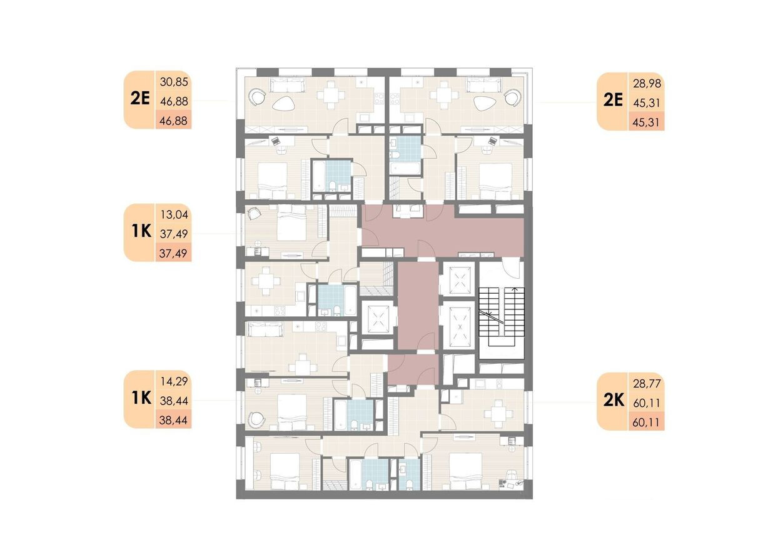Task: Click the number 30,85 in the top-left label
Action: (174, 82)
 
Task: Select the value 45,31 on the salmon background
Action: (647, 122)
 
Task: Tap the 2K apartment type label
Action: (614, 401)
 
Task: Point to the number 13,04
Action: (174, 215)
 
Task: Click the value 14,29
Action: (174, 381)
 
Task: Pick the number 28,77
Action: (647, 384)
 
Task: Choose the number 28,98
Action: (647, 84)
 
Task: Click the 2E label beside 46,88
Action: (140, 99)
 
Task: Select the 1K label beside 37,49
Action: (142, 231)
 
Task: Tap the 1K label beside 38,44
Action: (142, 397)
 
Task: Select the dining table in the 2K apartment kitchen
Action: (498, 414)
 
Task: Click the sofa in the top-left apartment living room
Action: (288, 84)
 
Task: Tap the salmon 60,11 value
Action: (647, 422)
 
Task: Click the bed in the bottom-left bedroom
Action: (285, 472)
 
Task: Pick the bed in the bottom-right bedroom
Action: (465, 472)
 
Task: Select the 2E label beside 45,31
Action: (614, 101)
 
